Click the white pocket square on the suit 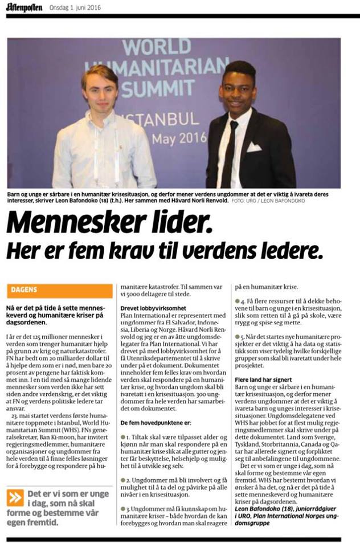253,147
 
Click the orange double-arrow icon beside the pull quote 15,497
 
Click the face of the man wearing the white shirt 100,88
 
